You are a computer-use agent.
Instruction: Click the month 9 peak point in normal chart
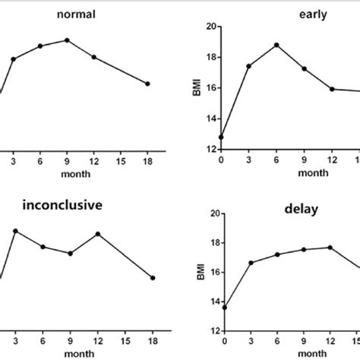[68, 39]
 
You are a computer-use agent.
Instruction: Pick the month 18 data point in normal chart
[147, 84]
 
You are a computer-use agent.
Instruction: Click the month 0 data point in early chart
[221, 137]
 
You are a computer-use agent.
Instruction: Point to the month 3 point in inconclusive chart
[14, 231]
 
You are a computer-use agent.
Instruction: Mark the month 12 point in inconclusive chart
[97, 234]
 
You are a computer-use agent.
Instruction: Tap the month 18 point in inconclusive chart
[153, 278]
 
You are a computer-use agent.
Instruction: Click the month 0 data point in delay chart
[221, 308]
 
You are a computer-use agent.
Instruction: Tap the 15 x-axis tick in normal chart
[121, 162]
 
